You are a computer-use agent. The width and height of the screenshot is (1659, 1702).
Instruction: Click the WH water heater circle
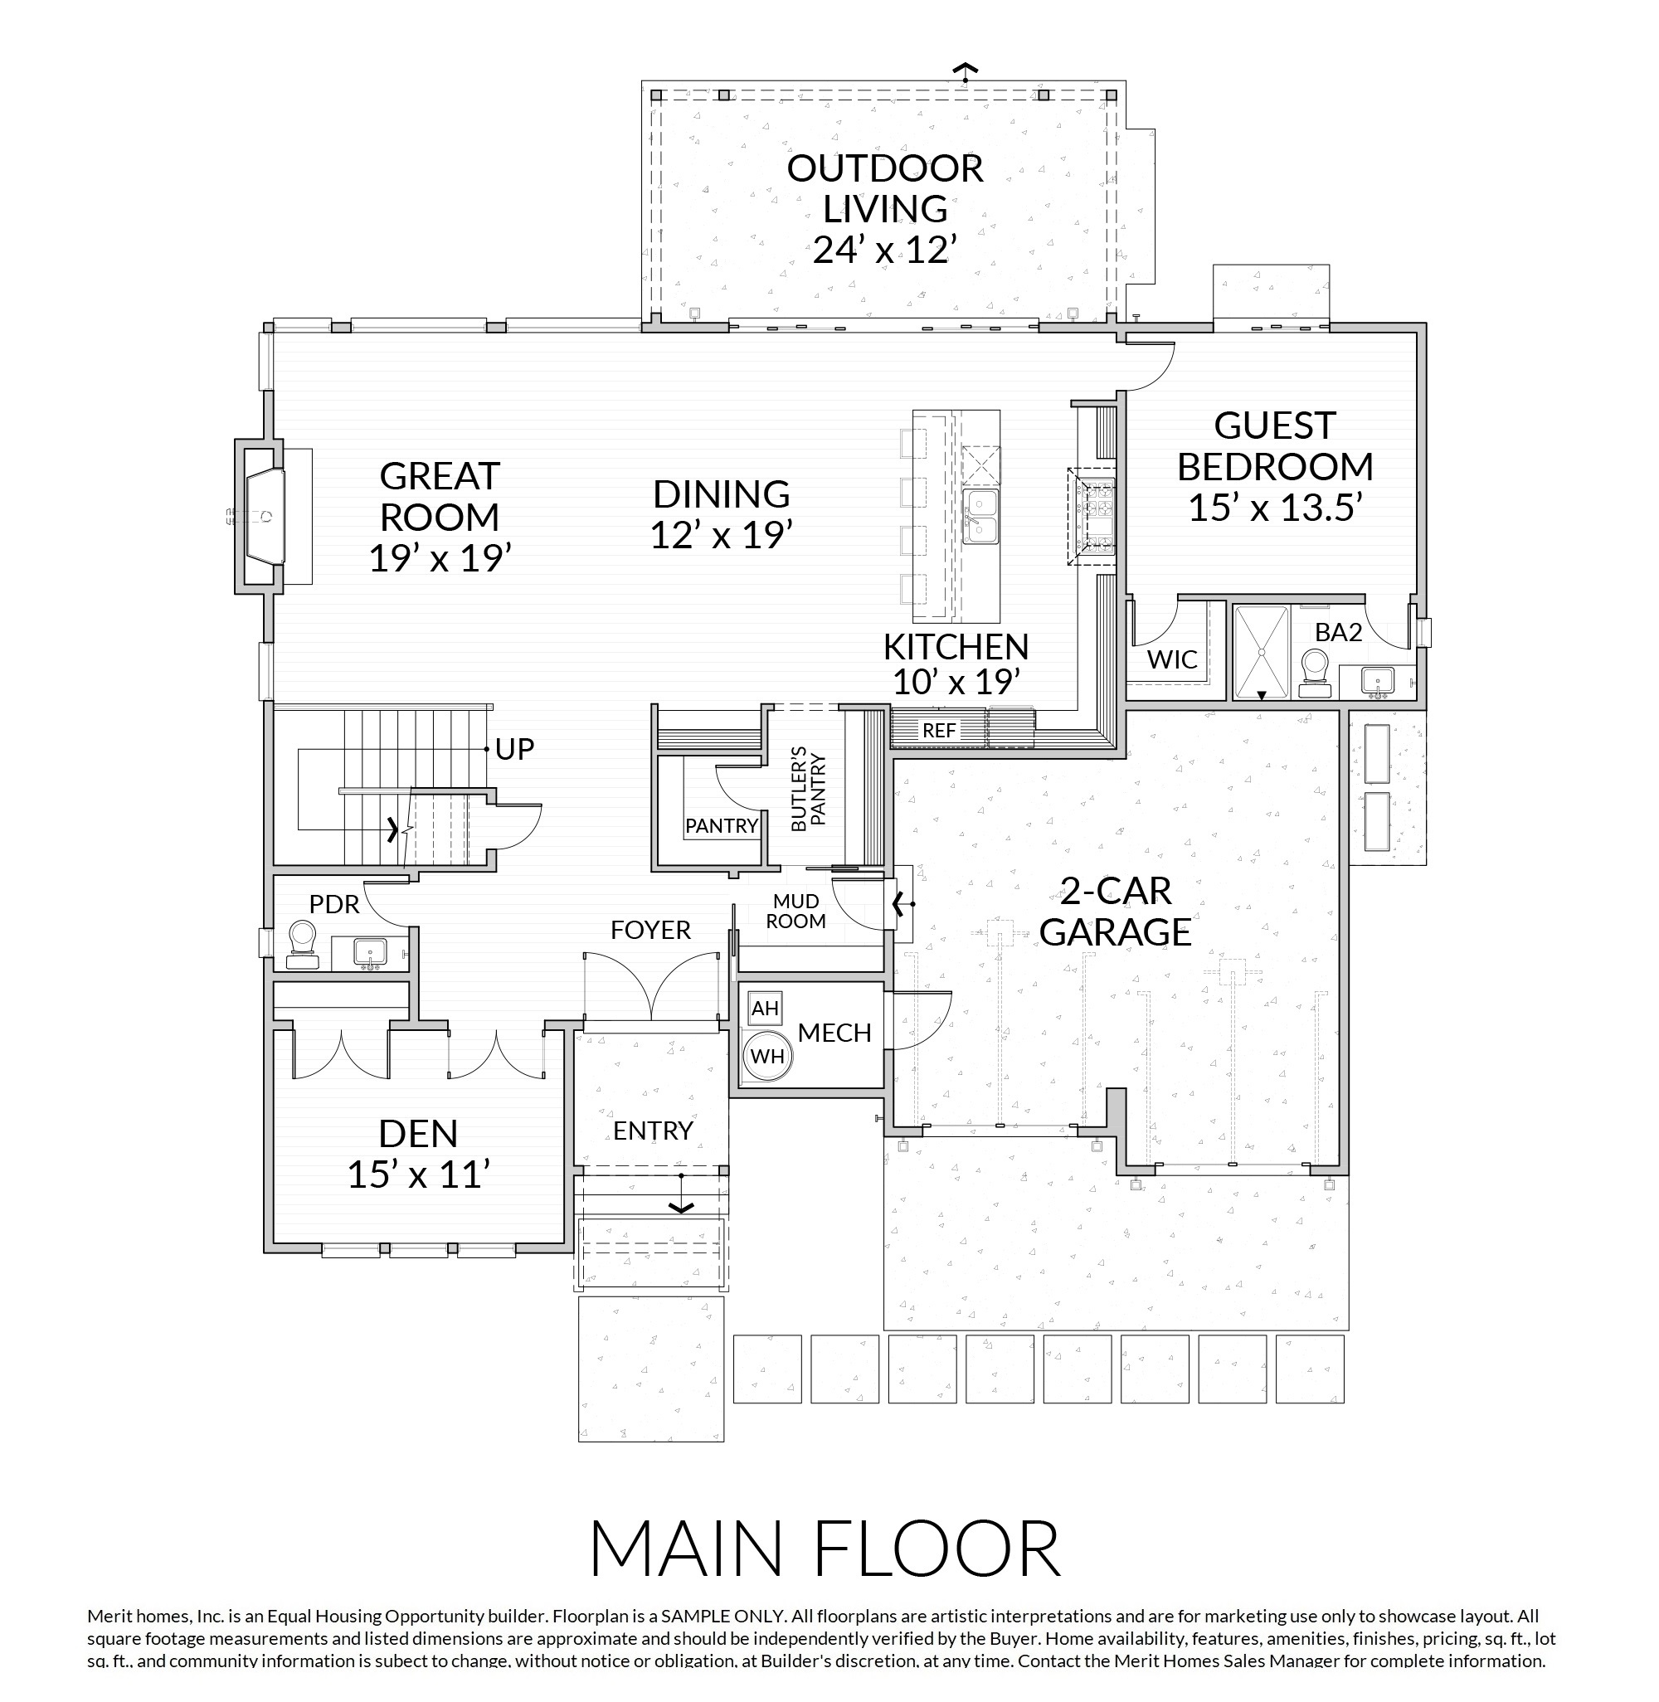pyautogui.click(x=767, y=1056)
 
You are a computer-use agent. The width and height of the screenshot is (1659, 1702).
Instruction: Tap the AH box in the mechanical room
pyautogui.click(x=764, y=1008)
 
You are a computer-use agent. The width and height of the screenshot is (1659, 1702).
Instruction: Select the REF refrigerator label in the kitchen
pyautogui.click(x=938, y=731)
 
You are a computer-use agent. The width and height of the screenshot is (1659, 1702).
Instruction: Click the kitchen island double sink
pyautogui.click(x=980, y=516)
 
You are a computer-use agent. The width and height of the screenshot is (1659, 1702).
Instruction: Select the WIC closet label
pyautogui.click(x=1172, y=659)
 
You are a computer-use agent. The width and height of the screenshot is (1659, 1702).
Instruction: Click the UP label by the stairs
pyautogui.click(x=514, y=748)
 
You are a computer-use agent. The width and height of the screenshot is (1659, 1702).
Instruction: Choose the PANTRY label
pyautogui.click(x=722, y=824)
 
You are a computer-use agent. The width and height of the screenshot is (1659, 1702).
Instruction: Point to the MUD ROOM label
pyautogui.click(x=795, y=911)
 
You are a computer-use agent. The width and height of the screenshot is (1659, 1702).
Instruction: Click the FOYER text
pyautogui.click(x=650, y=931)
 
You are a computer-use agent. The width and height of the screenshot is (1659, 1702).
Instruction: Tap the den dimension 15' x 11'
pyautogui.click(x=417, y=1175)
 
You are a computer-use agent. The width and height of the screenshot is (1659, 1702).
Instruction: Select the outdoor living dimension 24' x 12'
pyautogui.click(x=885, y=250)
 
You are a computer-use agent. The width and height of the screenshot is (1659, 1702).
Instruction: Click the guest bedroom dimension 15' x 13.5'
pyautogui.click(x=1275, y=507)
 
